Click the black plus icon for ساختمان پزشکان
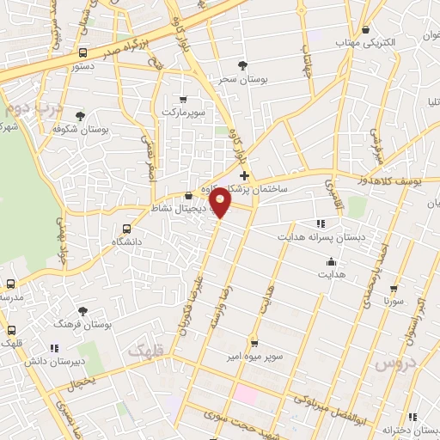[245, 175]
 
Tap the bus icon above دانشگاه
[127, 229]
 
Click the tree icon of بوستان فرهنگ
[83, 311]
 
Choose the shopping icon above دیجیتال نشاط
[187, 196]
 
